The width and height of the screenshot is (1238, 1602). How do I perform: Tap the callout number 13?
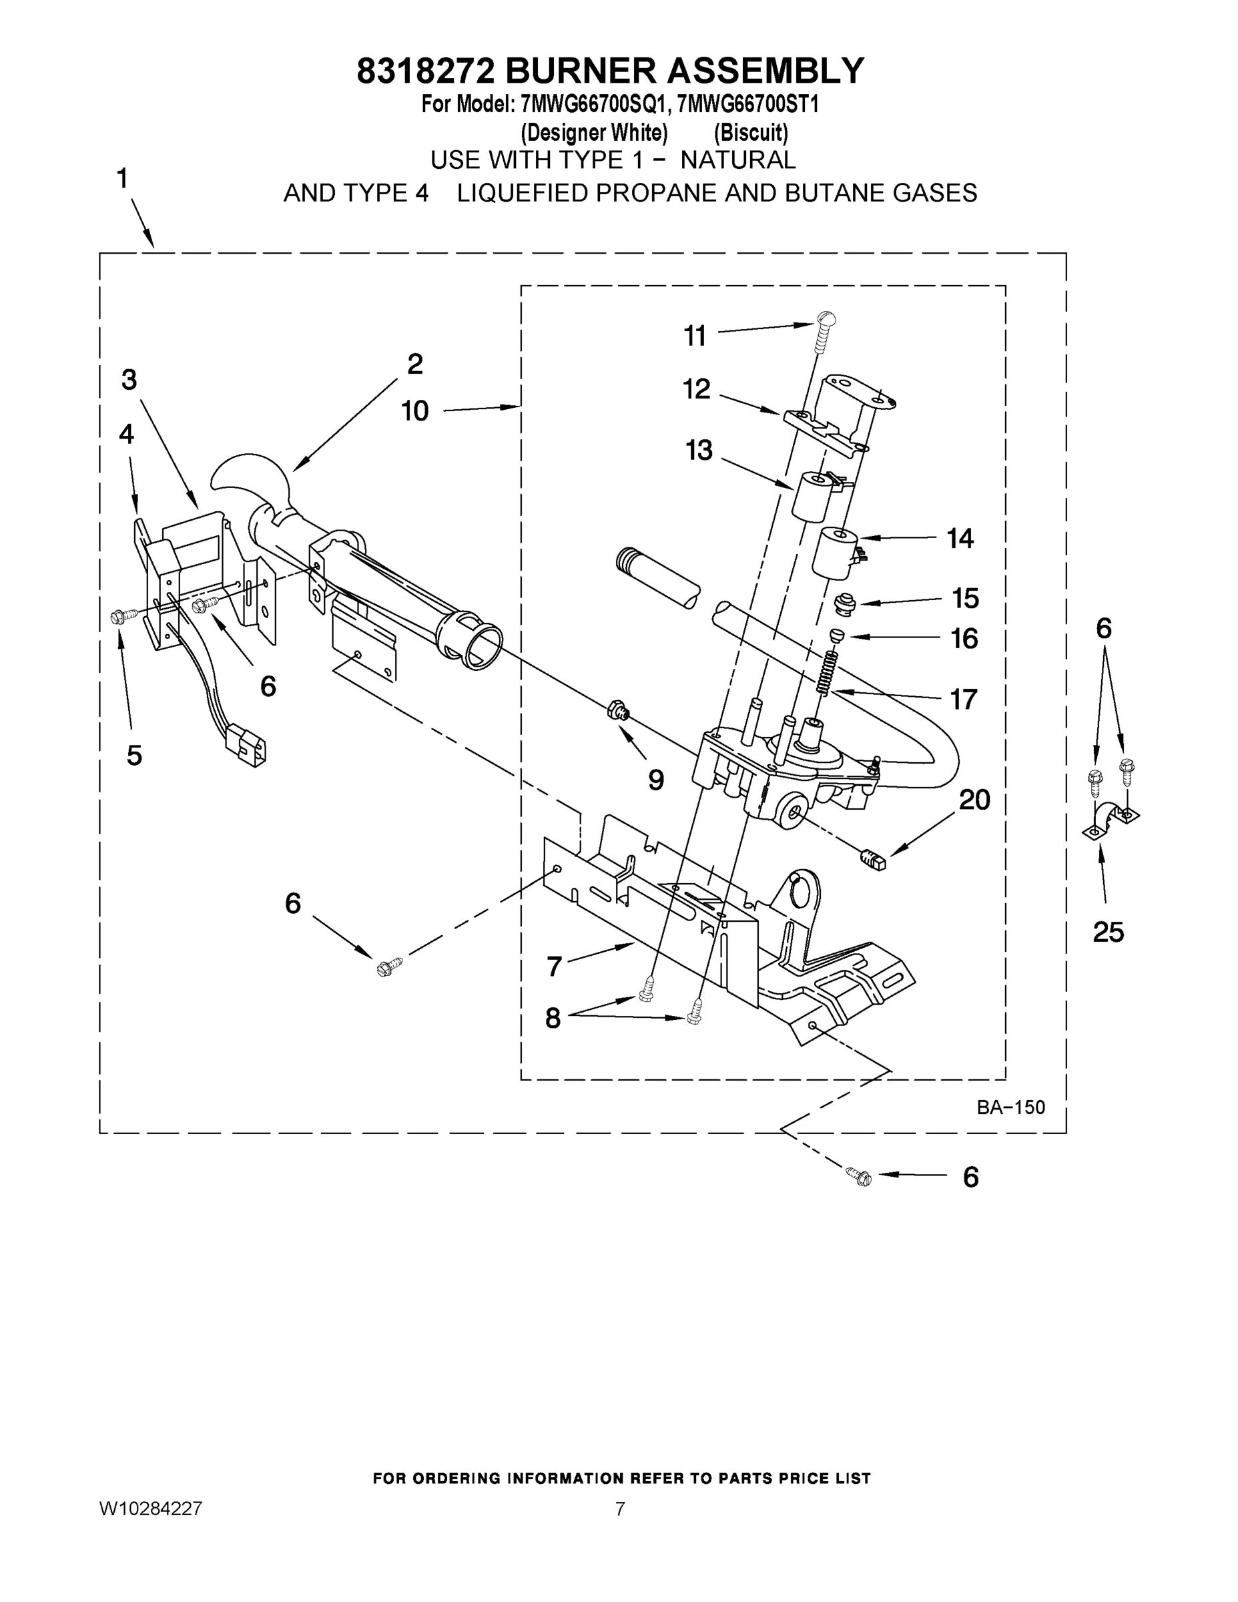click(x=698, y=450)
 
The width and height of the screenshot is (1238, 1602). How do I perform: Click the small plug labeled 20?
click(x=873, y=859)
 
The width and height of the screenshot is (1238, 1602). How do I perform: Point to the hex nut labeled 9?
click(x=617, y=710)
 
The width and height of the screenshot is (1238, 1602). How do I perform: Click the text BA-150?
click(x=1010, y=1107)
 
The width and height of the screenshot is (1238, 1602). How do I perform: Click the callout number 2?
click(x=415, y=364)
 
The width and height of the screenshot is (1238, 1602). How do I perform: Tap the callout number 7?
click(x=555, y=966)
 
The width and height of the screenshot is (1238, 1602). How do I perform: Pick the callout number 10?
click(x=414, y=411)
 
